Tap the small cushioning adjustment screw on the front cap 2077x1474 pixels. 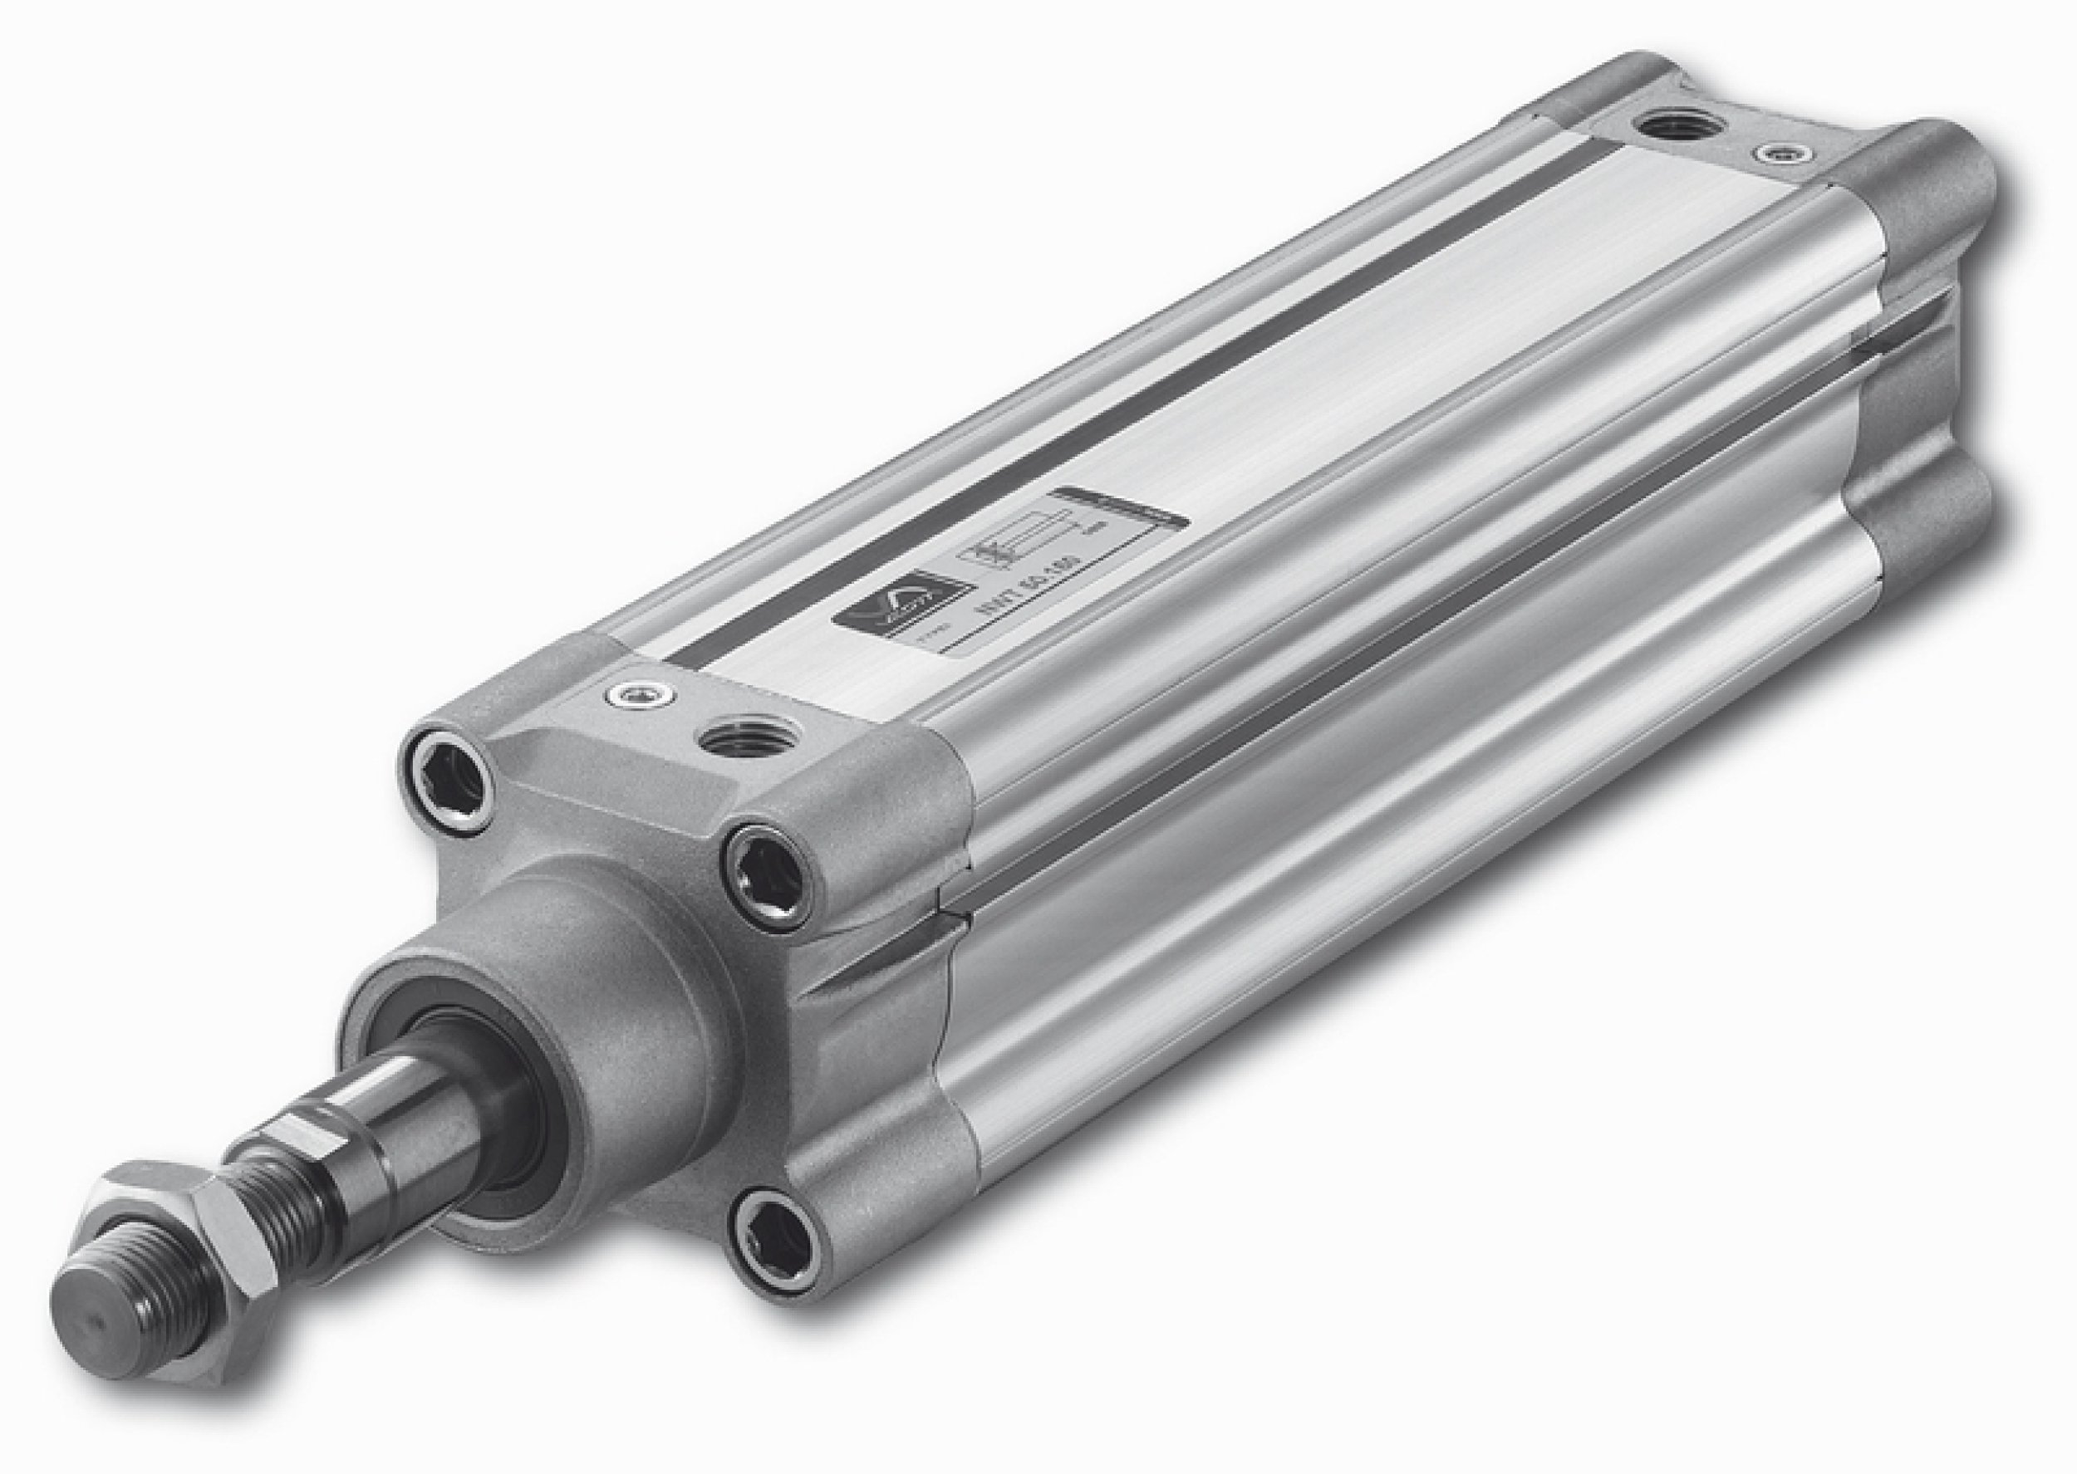638,695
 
